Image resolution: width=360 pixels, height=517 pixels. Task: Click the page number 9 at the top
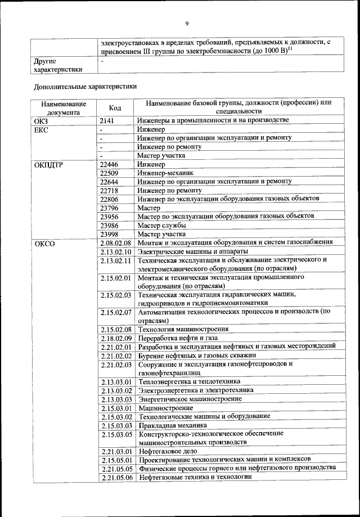[186, 23]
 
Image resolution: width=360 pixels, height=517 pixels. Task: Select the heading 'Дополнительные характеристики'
[84, 87]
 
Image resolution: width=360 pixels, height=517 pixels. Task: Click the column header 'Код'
[115, 107]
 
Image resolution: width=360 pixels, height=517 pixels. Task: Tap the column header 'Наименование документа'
[63, 107]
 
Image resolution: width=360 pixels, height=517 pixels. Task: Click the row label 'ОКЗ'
[42, 120]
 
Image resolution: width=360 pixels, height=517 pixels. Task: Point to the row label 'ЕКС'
[42, 129]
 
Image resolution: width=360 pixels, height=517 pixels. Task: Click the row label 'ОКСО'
[44, 244]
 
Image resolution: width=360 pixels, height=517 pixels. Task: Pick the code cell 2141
[107, 120]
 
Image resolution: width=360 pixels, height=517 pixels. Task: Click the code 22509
[109, 173]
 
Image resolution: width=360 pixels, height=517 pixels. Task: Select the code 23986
[109, 226]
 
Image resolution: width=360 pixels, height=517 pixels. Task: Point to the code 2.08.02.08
[116, 242]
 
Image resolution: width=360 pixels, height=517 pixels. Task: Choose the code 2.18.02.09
[116, 338]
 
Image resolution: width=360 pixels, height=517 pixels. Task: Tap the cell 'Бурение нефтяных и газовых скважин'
[197, 356]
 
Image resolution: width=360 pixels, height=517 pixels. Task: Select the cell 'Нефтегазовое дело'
[169, 451]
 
